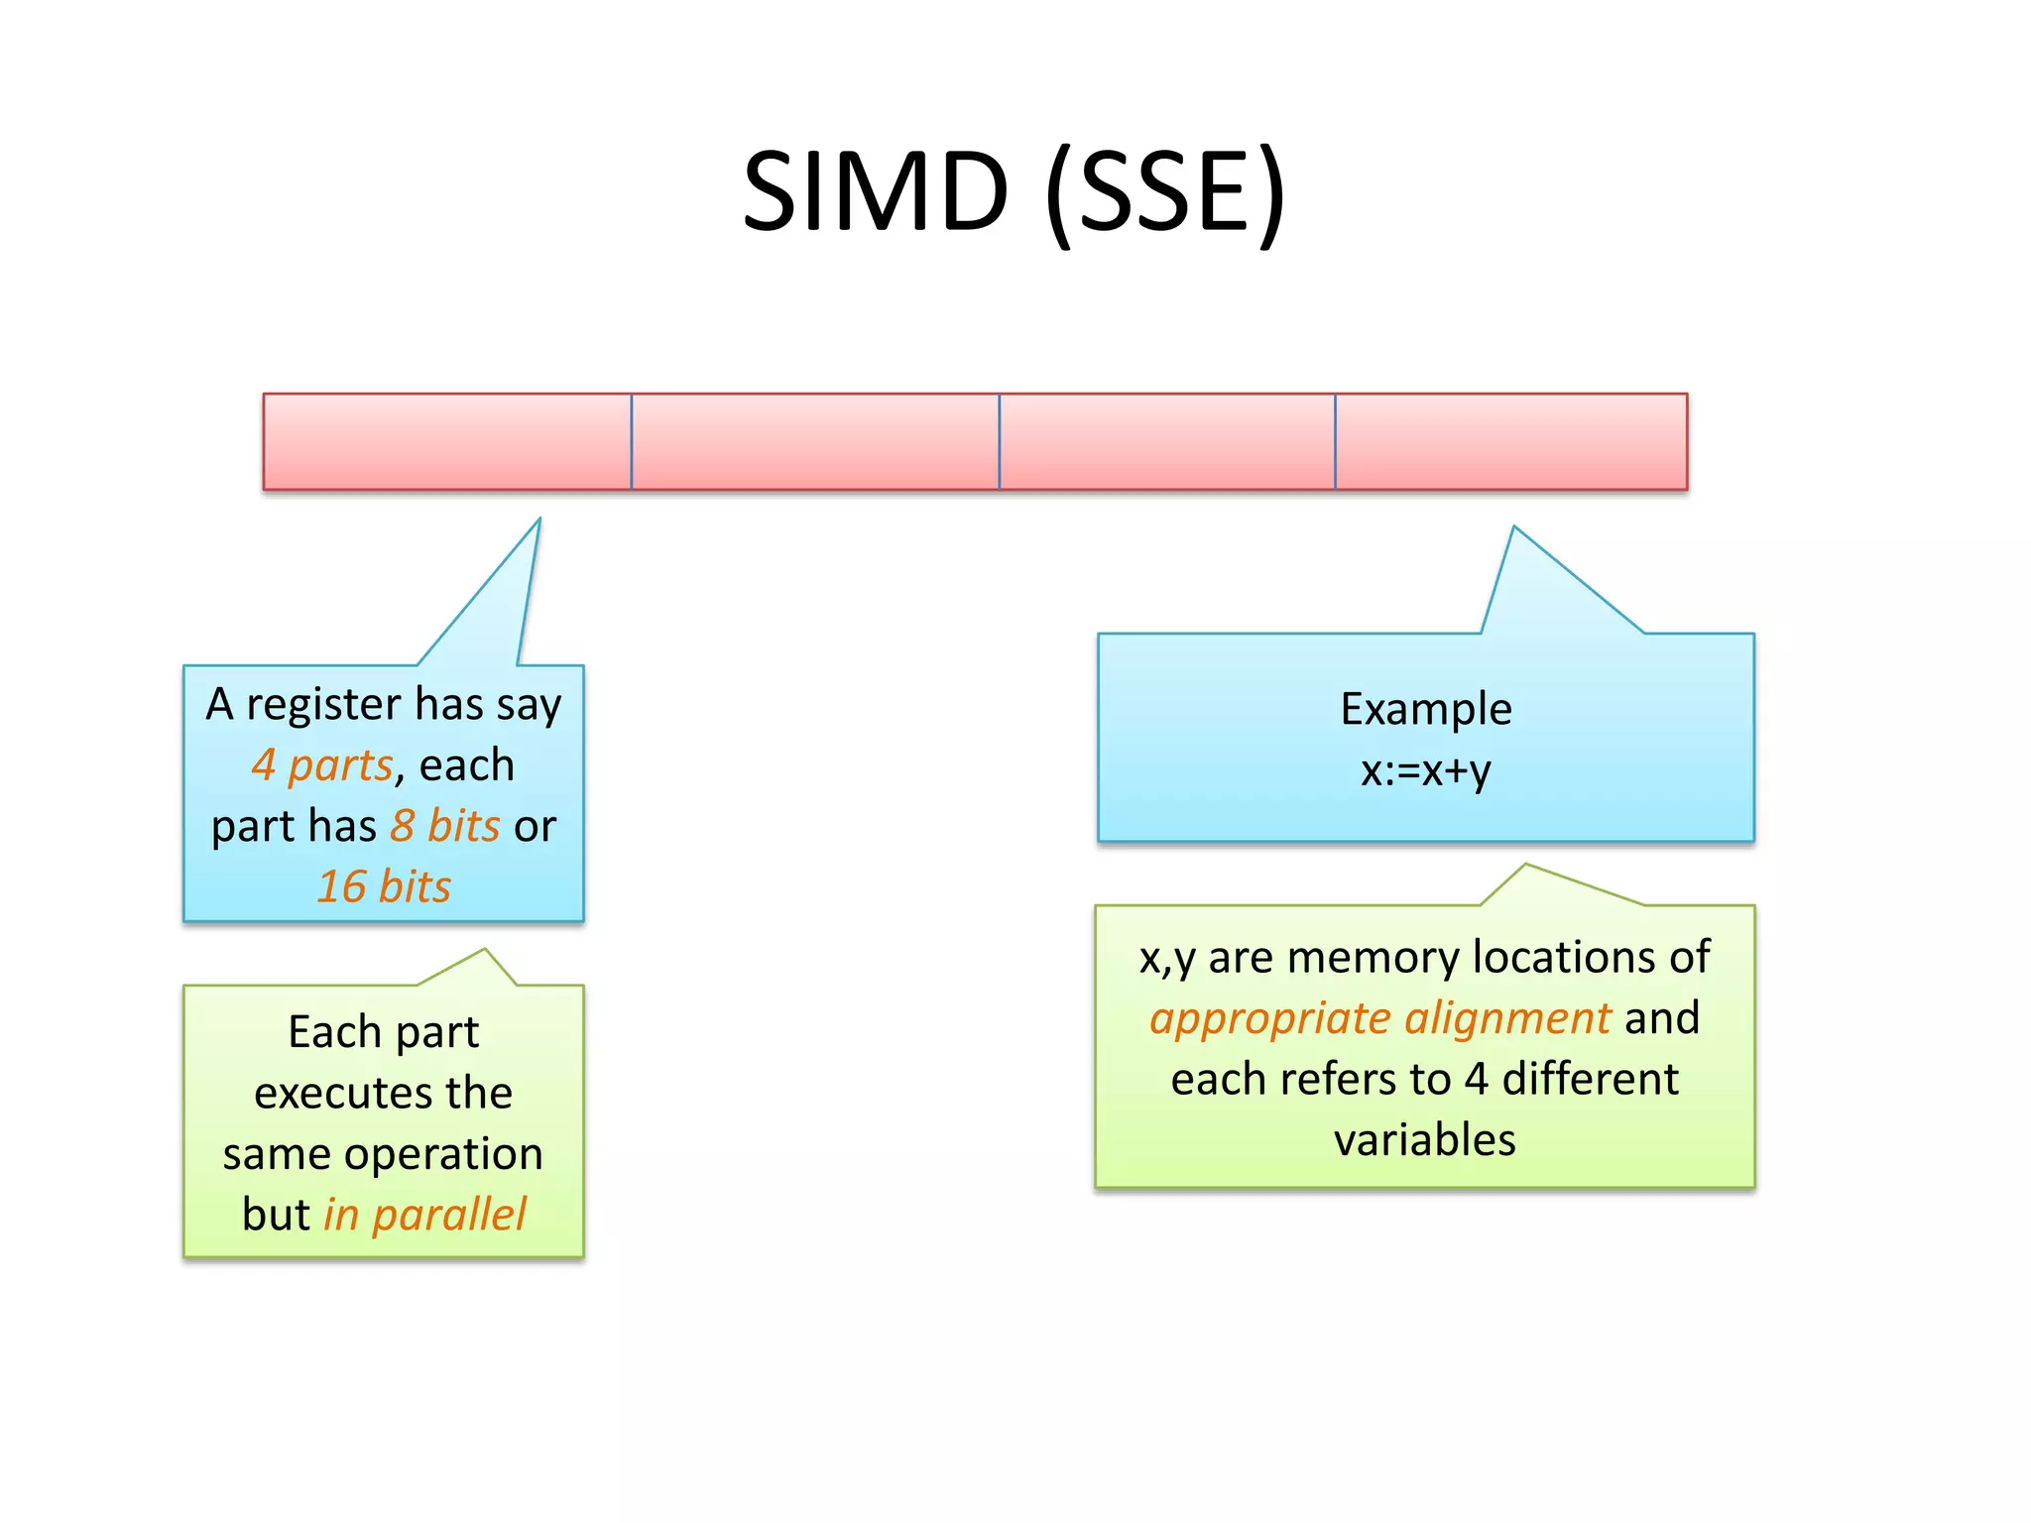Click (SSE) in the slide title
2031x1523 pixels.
click(1165, 192)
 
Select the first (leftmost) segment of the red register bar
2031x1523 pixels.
click(446, 441)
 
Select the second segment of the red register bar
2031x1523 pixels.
click(814, 441)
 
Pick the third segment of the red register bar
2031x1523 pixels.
click(1166, 441)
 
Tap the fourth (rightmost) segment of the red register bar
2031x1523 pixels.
click(1510, 441)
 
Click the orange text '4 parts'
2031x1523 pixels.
click(322, 764)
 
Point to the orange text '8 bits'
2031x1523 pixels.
click(444, 825)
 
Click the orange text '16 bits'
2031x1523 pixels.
click(384, 885)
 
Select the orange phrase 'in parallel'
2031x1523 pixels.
click(424, 1215)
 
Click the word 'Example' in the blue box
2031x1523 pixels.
click(1426, 709)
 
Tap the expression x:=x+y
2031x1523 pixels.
click(1425, 770)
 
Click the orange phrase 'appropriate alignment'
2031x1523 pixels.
click(1379, 1018)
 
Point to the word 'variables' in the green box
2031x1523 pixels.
click(1424, 1140)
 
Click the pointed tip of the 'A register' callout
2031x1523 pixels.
click(538, 521)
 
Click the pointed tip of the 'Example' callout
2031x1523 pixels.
click(1514, 528)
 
